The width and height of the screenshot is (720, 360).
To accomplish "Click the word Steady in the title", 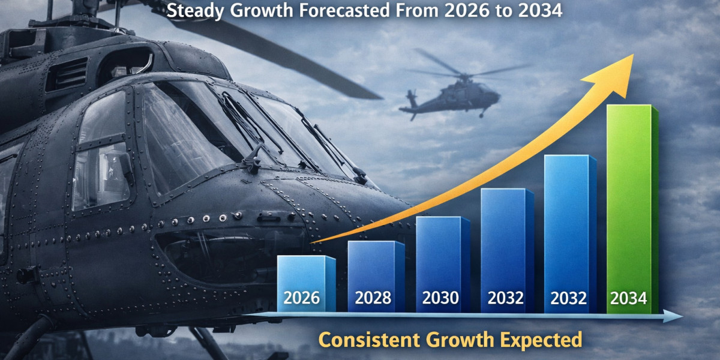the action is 195,11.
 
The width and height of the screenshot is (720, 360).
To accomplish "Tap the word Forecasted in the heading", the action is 344,10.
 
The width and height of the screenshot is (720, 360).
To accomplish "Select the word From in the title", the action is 417,10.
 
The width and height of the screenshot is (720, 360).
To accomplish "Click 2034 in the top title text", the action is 541,10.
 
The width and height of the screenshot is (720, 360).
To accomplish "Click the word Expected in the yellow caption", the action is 541,340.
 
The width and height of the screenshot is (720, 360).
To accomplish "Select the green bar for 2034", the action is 632,209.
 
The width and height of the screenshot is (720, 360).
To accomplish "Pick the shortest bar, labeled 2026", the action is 307,283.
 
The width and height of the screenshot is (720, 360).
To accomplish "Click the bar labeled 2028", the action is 376,277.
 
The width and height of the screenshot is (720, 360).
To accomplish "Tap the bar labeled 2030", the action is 443,264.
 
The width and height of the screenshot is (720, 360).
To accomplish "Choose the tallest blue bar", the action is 570,233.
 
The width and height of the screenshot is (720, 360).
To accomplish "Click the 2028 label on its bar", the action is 373,298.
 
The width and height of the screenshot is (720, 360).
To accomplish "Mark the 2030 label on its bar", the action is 440,298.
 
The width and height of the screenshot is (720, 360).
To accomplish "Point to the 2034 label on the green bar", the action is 629,298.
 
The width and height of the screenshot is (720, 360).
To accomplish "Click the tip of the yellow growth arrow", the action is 634,54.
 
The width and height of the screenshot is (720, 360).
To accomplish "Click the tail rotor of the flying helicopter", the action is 411,97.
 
